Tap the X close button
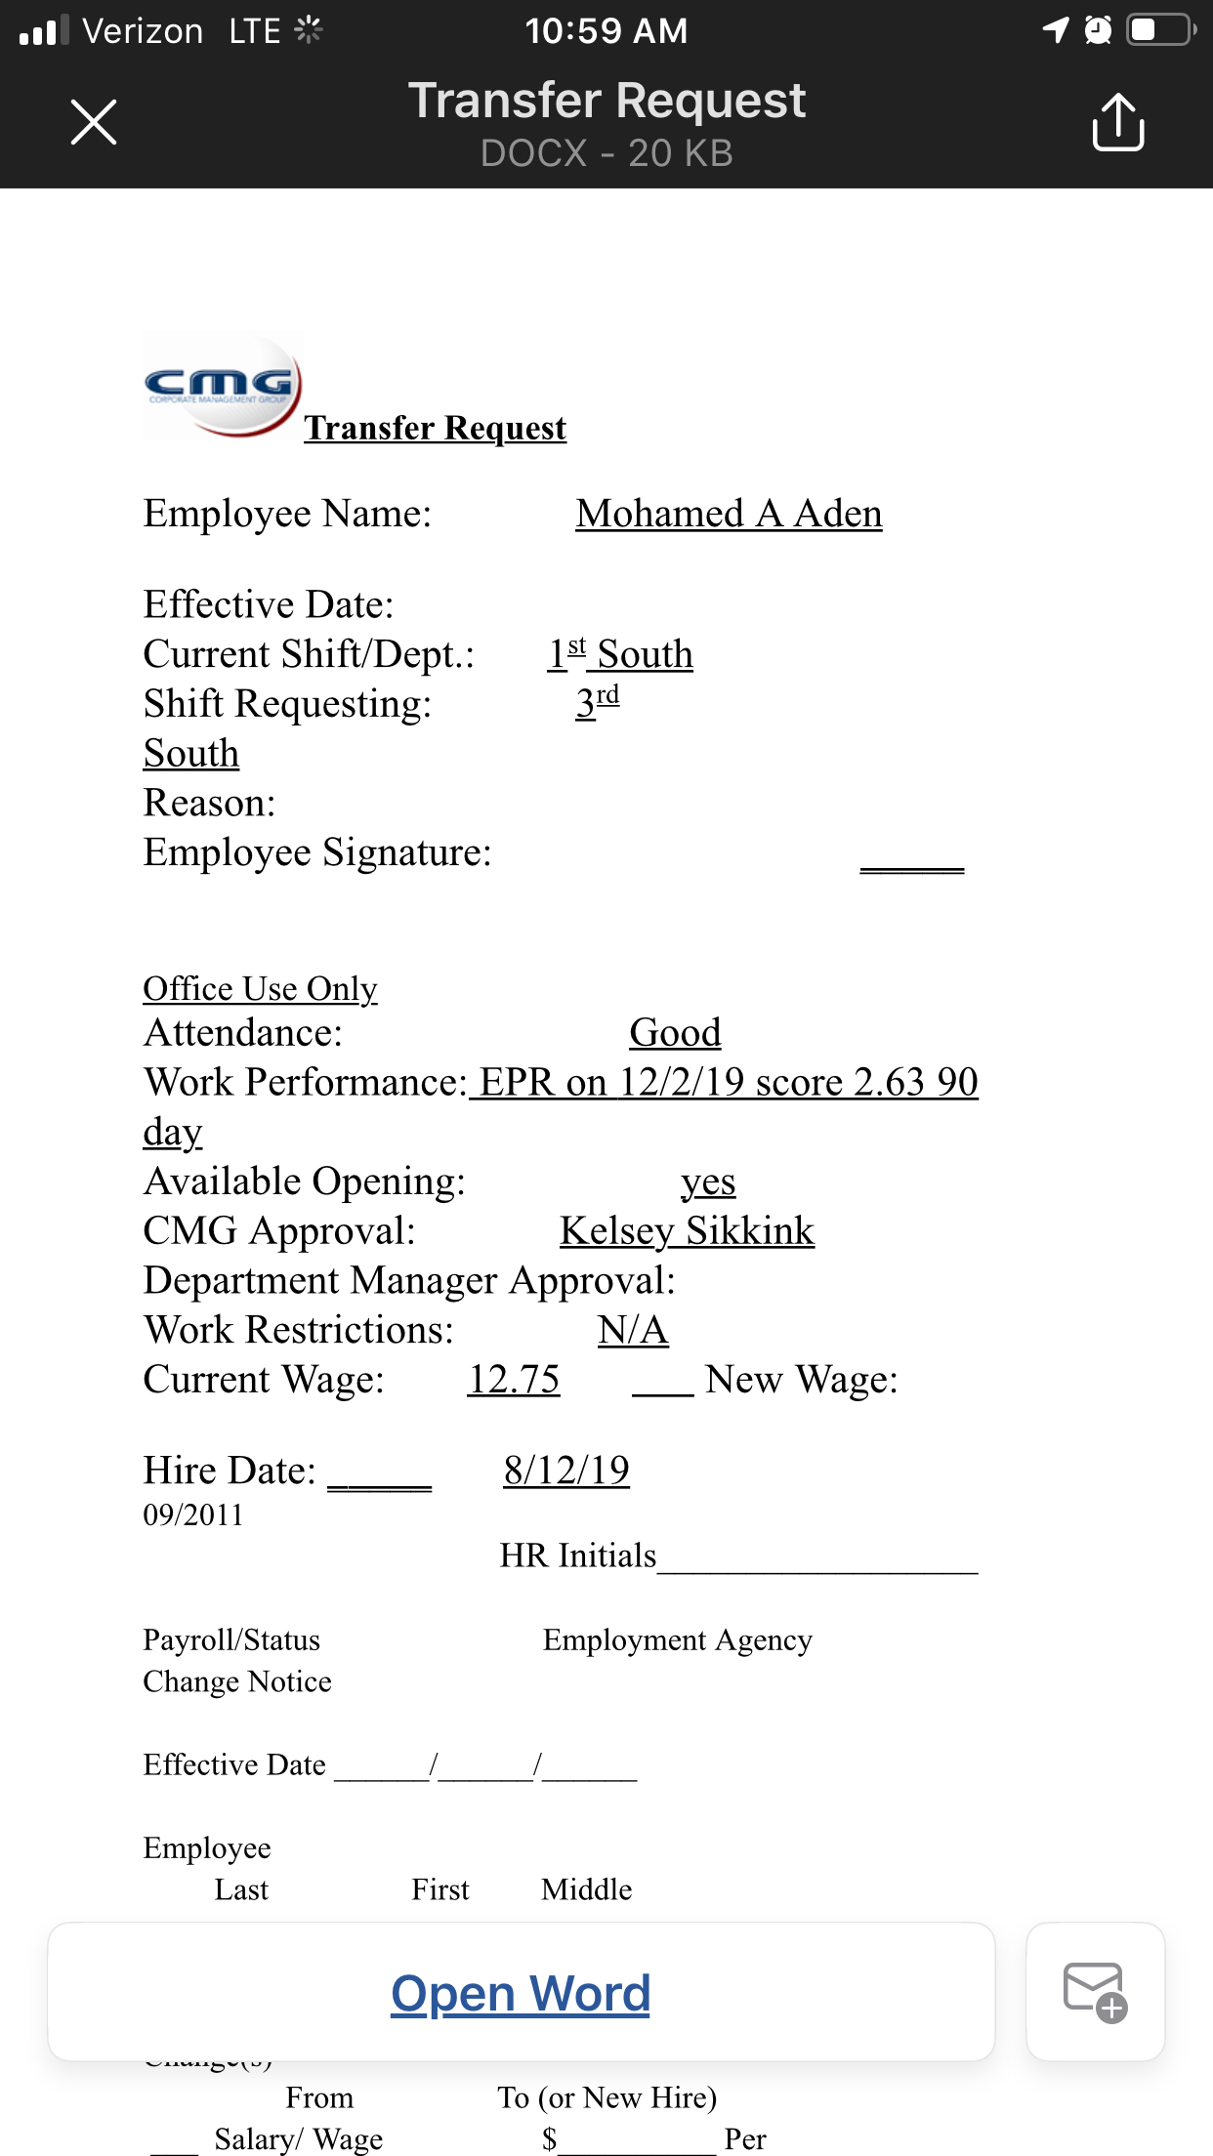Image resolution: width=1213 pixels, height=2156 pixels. [94, 122]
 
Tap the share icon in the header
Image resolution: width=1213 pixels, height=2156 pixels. [1117, 122]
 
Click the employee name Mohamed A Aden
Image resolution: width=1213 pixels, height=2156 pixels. [729, 514]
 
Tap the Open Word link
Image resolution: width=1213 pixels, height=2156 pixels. [521, 1993]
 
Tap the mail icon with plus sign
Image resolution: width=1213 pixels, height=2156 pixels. [1095, 1992]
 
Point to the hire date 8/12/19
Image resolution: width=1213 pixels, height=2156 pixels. [566, 1470]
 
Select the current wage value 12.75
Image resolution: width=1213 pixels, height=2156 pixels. [514, 1379]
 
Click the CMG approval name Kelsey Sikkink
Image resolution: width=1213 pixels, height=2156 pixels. [687, 1230]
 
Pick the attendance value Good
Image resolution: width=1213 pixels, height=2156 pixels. [675, 1032]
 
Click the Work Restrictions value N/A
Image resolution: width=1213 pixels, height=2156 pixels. [633, 1330]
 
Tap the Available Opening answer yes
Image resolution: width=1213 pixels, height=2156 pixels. [708, 1182]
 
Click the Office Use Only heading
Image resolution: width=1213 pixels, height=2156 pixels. [260, 988]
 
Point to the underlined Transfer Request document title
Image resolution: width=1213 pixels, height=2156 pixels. [435, 428]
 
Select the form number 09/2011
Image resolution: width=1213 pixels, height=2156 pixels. [193, 1514]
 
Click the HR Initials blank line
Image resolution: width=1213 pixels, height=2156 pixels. [817, 1560]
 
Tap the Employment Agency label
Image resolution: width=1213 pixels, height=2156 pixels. [677, 1639]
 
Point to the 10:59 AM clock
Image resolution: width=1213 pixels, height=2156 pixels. [606, 31]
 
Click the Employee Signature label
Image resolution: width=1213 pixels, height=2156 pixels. [317, 852]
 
